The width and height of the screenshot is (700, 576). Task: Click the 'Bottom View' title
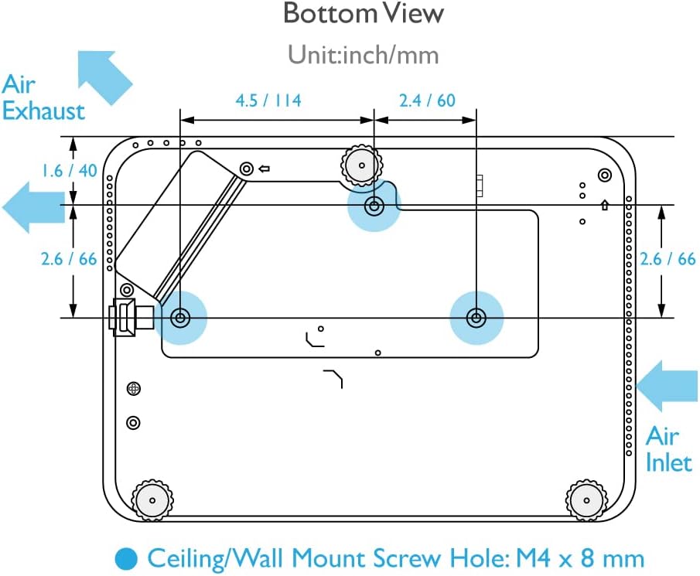[x=363, y=13]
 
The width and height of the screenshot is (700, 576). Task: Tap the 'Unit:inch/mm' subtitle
[x=363, y=55]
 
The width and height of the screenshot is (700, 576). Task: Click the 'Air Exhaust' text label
[x=43, y=97]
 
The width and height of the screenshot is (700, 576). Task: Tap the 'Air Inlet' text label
[x=668, y=449]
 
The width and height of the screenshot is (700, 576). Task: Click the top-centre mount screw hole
[x=374, y=206]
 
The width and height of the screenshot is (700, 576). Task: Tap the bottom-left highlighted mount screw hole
[x=181, y=317]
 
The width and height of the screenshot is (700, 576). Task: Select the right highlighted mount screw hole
[x=476, y=317]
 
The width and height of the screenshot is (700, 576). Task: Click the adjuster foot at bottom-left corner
[x=152, y=499]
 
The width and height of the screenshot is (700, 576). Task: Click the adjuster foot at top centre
[x=362, y=164]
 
